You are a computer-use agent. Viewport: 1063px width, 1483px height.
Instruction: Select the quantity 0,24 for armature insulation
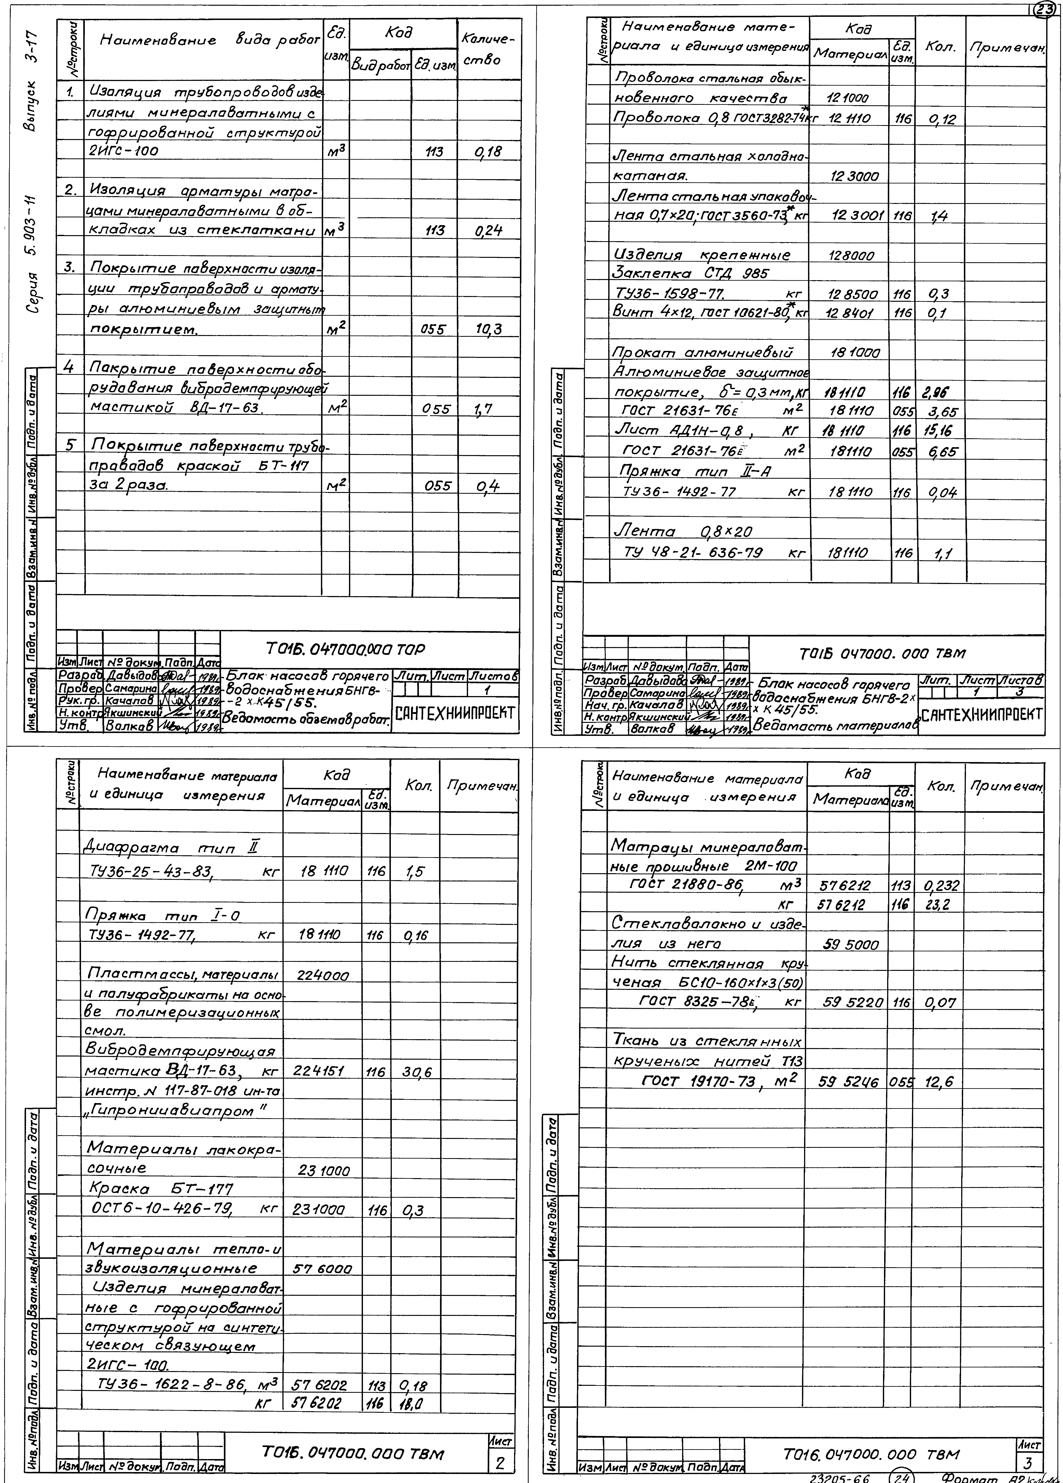[489, 231]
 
